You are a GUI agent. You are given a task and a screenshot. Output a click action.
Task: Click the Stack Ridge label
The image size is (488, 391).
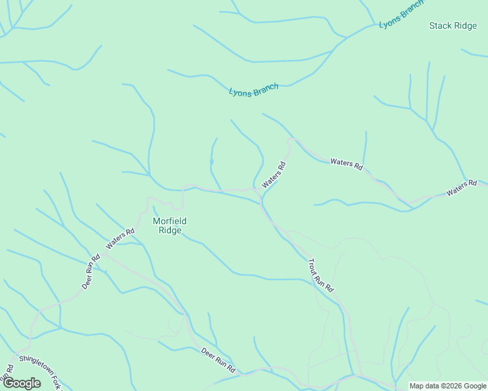(453, 26)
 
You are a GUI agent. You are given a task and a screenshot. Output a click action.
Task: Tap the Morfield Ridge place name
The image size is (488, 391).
(166, 225)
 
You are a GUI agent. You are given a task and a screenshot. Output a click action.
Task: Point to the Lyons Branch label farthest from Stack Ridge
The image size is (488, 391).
(254, 90)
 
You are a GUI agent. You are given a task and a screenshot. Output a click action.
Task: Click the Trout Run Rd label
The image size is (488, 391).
(320, 275)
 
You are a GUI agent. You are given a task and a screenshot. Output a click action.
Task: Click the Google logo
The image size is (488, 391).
(21, 383)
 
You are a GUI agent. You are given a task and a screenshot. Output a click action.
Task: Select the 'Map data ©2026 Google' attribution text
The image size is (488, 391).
(447, 386)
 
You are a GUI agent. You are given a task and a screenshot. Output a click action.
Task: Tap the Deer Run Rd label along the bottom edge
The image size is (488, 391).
(218, 360)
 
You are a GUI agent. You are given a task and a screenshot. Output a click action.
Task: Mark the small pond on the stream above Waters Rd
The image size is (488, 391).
(211, 162)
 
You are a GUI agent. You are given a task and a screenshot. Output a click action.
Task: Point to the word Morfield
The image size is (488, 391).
(166, 221)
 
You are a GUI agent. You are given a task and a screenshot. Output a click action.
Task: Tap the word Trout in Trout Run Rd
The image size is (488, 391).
(314, 266)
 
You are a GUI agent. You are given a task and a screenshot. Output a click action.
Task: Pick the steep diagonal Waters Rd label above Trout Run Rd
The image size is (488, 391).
(274, 175)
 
